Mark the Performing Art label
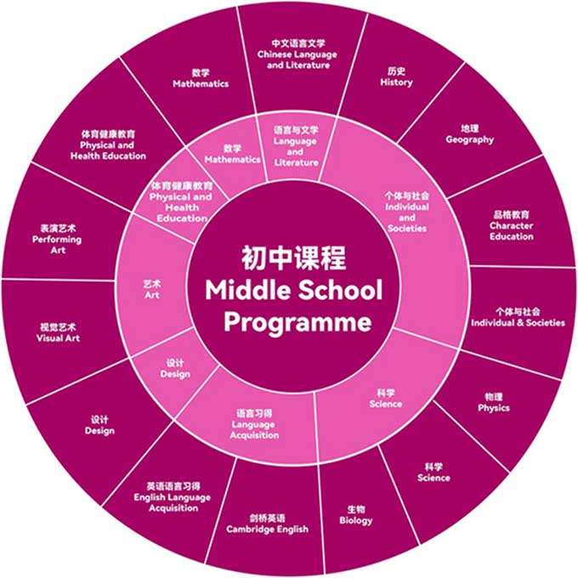59,240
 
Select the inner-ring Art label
152,291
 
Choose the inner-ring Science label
385,399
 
